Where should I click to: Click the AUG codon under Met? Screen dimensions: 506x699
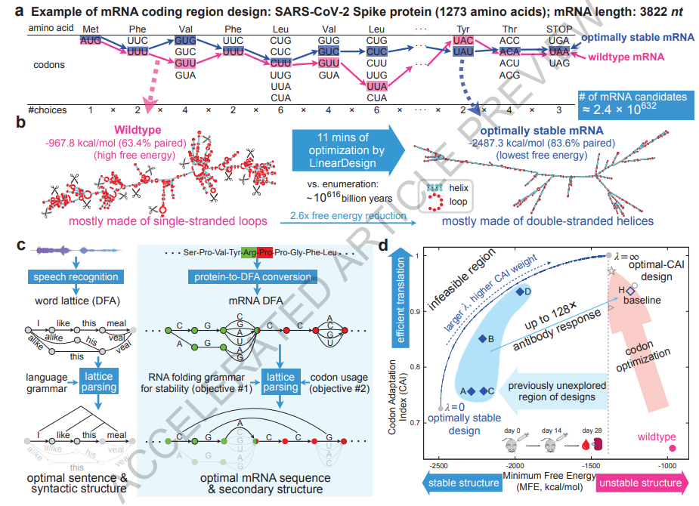pyautogui.click(x=90, y=39)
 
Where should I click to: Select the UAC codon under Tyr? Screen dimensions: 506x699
pyautogui.click(x=463, y=39)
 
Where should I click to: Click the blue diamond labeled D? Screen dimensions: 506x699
pyautogui.click(x=519, y=292)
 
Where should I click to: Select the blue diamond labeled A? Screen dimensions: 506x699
pyautogui.click(x=472, y=390)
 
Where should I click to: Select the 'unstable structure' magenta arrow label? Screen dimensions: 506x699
pyautogui.click(x=642, y=483)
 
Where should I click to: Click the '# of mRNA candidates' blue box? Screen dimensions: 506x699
pyautogui.click(x=633, y=103)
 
